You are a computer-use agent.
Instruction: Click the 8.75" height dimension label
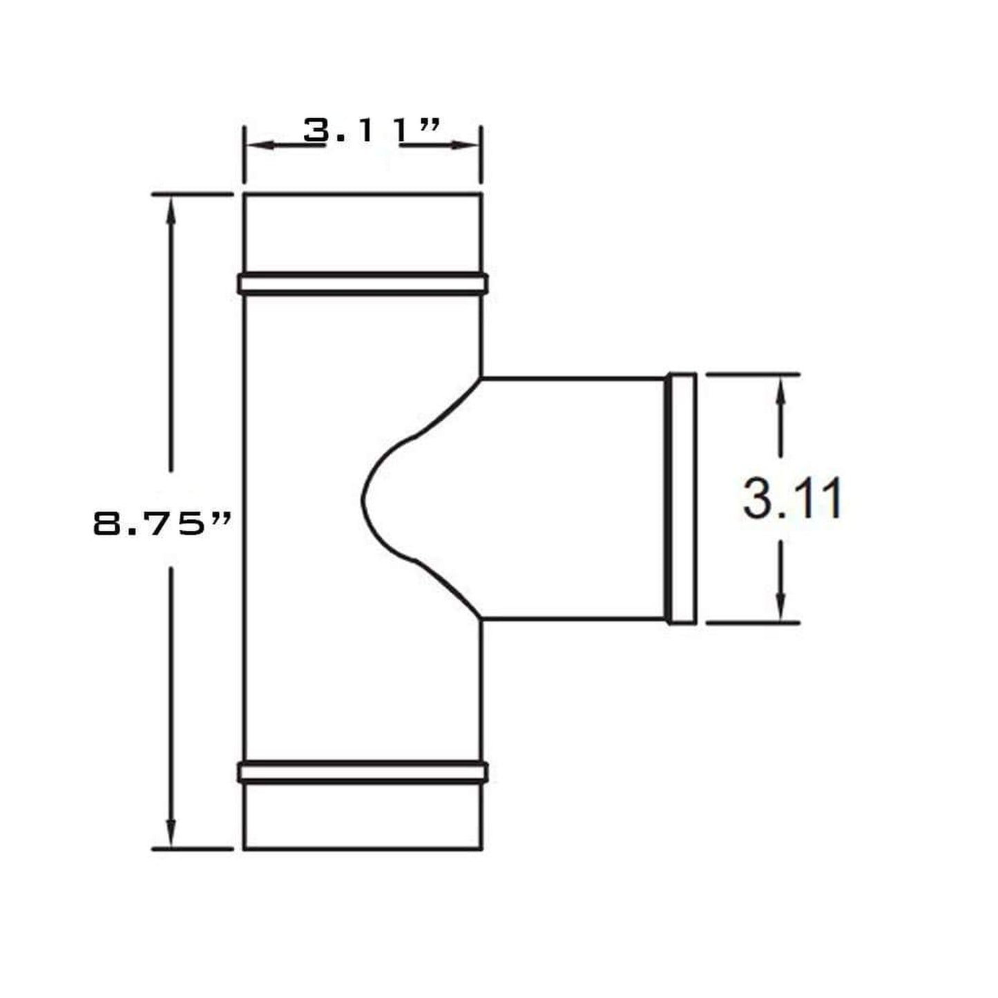162,524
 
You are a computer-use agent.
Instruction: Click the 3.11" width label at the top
372,131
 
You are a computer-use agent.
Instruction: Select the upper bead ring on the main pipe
363,284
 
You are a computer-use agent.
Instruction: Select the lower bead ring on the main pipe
363,772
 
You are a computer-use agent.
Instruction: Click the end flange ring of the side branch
682,499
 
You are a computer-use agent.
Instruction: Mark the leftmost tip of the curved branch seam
362,499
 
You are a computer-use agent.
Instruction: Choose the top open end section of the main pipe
363,233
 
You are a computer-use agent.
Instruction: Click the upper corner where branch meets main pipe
481,378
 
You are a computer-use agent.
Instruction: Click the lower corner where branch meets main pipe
481,619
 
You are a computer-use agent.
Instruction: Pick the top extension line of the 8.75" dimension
192,195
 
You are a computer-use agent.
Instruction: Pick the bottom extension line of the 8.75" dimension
192,848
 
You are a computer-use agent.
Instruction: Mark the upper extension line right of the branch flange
753,374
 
